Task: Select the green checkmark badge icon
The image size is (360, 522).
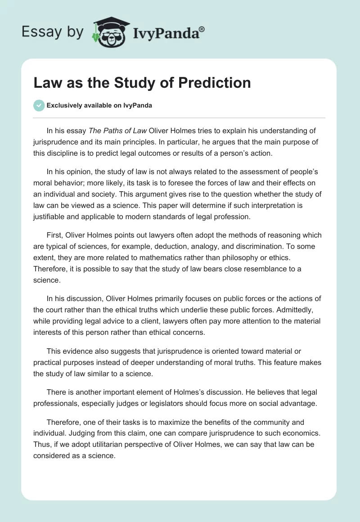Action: [x=39, y=105]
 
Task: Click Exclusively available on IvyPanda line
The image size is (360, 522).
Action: [x=99, y=106]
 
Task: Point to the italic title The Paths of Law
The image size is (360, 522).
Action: [x=117, y=131]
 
